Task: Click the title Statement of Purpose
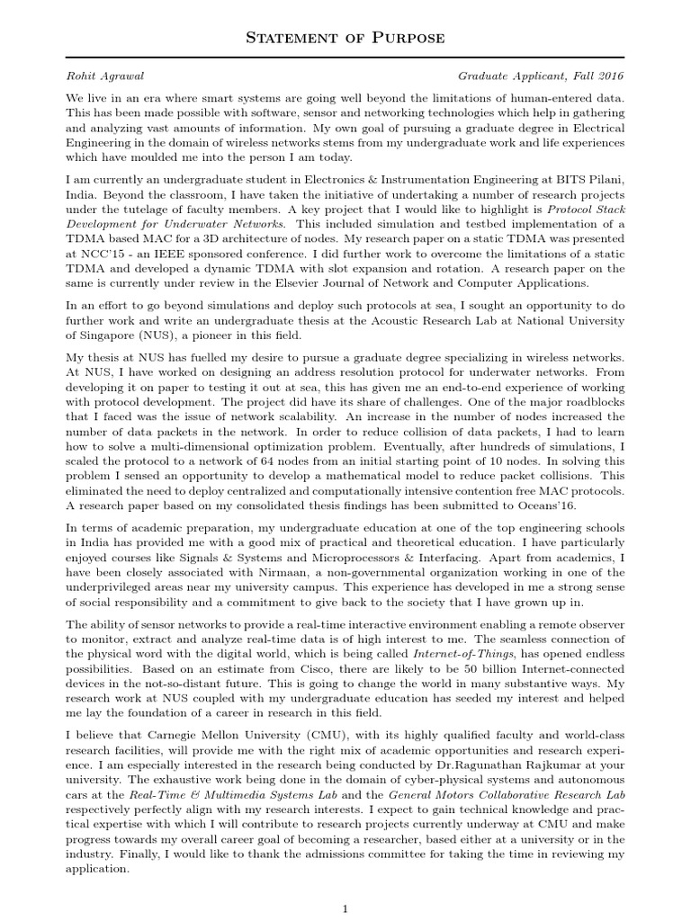pyautogui.click(x=345, y=39)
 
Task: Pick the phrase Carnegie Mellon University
pyautogui.click(x=207, y=734)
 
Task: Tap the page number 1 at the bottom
pyautogui.click(x=345, y=909)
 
